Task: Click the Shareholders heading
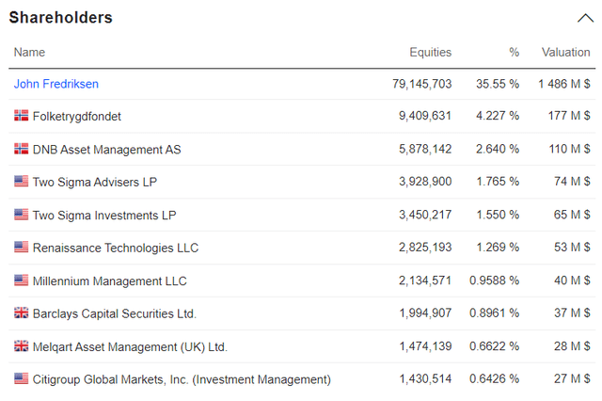(x=60, y=18)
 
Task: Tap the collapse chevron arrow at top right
(x=583, y=18)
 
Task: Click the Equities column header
(x=430, y=53)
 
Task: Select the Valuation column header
(x=565, y=53)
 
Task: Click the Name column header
(x=29, y=53)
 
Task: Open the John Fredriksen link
(x=56, y=84)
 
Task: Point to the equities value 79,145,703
(x=421, y=84)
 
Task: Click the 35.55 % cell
(x=497, y=84)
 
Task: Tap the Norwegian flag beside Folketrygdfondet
(x=21, y=117)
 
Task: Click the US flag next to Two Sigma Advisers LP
(x=21, y=182)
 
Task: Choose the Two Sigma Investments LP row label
(x=103, y=216)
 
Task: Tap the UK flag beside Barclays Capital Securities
(x=21, y=313)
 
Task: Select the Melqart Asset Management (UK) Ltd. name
(x=130, y=346)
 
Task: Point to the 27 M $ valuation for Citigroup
(x=573, y=379)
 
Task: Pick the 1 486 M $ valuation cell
(x=564, y=84)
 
